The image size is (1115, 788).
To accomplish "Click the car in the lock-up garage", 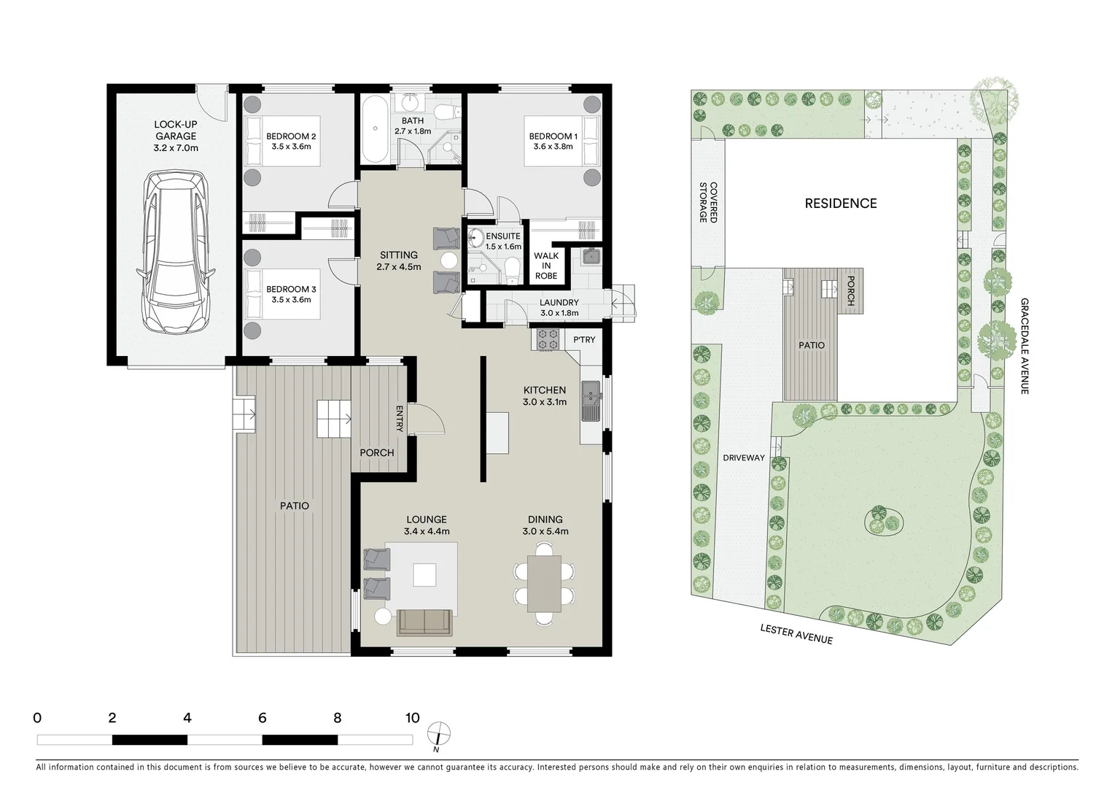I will (175, 252).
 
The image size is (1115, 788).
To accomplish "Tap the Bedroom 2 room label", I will (290, 136).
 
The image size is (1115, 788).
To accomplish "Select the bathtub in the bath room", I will (375, 129).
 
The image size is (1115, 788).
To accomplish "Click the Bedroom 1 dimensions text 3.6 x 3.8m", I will (553, 147).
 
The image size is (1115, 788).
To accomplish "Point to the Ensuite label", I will (503, 236).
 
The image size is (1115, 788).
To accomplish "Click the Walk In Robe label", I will (546, 266).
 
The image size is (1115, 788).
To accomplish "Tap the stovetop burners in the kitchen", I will (548, 339).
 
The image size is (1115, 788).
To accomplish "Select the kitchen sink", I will (590, 401).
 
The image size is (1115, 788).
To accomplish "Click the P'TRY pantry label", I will (584, 340).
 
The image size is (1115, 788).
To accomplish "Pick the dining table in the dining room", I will (544, 584).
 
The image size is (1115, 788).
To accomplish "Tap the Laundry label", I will (559, 303).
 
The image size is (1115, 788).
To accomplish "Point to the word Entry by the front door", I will (399, 419).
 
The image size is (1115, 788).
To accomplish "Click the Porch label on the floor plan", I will (377, 453).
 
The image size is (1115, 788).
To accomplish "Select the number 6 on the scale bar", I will (262, 718).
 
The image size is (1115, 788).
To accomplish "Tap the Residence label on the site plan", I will (841, 204).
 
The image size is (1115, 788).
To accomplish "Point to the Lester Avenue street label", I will (796, 634).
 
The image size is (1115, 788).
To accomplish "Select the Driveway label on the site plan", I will (744, 458).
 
